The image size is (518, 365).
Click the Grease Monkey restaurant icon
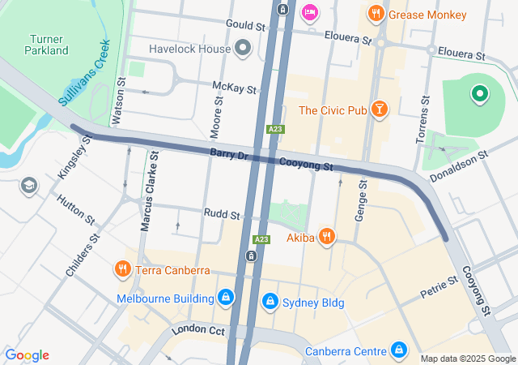pos(375,14)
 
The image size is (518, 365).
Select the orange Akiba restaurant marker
pos(327,237)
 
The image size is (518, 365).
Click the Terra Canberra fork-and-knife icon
pos(123,269)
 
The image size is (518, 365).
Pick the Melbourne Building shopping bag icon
pos(226,298)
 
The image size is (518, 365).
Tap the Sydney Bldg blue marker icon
pos(270,303)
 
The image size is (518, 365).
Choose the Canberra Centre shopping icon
pos(398,350)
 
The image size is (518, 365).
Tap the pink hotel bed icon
pos(309,12)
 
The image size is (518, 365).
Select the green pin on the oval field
pos(479,95)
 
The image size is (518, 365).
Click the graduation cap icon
pos(30,186)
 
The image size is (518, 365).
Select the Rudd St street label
pos(224,216)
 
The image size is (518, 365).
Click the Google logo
pos(27,355)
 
